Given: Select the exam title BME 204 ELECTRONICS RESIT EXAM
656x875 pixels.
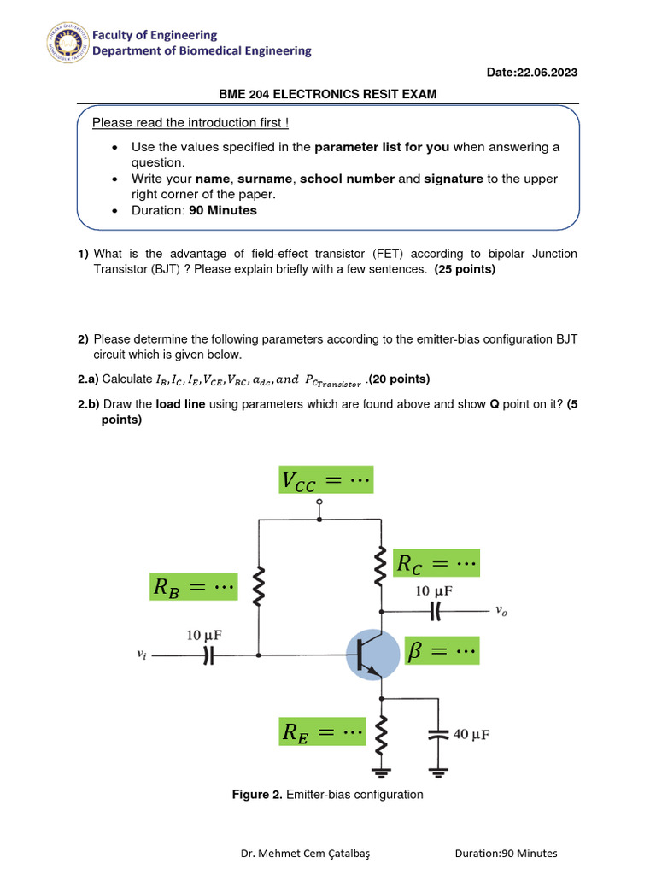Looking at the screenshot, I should pyautogui.click(x=327, y=94).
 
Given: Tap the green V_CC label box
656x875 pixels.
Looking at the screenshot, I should pyautogui.click(x=326, y=480).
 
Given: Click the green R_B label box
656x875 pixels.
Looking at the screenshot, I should pyautogui.click(x=193, y=586).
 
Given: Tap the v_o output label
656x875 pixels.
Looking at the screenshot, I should pyautogui.click(x=502, y=610).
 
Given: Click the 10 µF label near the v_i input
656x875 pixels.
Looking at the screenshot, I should pyautogui.click(x=208, y=635).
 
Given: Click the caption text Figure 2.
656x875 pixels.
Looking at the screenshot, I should pyautogui.click(x=258, y=795).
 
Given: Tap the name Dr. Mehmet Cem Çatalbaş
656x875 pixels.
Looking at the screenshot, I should pyautogui.click(x=310, y=853).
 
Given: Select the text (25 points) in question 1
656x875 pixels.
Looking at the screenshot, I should pyautogui.click(x=464, y=269).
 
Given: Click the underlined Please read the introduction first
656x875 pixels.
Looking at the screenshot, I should pyautogui.click(x=190, y=123).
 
